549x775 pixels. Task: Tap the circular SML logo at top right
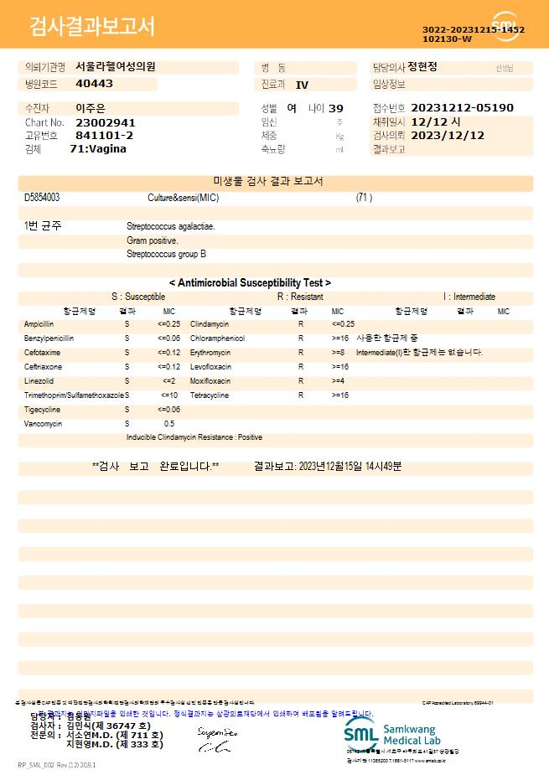tap(505, 24)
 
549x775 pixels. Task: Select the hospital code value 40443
tap(94, 84)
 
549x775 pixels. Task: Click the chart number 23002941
tap(105, 122)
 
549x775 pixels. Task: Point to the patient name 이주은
tap(90, 108)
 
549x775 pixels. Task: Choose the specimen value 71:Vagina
tap(98, 148)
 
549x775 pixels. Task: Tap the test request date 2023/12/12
tap(448, 135)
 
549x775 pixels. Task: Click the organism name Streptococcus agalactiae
tap(171, 226)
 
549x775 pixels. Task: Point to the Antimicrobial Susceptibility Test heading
tap(250, 283)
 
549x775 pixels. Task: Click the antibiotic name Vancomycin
tap(44, 424)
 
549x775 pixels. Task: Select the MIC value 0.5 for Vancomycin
tap(169, 424)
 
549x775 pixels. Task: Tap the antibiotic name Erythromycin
tap(210, 353)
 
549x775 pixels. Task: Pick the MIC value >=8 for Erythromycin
tap(339, 353)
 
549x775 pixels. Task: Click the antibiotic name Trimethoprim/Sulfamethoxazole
tap(74, 395)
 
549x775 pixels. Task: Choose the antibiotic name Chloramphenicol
tap(217, 338)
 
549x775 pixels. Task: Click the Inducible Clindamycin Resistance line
tap(194, 437)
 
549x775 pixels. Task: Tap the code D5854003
tap(42, 198)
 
